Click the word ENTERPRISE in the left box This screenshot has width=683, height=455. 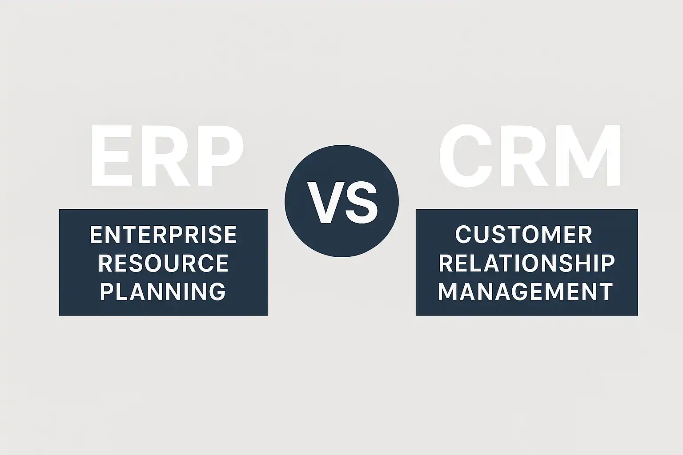click(x=164, y=235)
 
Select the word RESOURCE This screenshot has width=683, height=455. click(x=164, y=263)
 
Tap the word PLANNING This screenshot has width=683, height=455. click(x=163, y=291)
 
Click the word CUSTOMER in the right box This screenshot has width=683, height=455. click(x=524, y=235)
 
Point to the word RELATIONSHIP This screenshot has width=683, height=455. click(x=527, y=263)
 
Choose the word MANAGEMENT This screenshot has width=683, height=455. click(x=525, y=291)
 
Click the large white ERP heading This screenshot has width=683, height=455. click(x=167, y=156)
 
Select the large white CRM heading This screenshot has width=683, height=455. click(x=530, y=156)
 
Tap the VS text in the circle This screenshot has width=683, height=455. click(x=342, y=202)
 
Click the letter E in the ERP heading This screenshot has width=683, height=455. click(x=112, y=156)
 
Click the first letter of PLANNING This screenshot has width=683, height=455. click(x=106, y=291)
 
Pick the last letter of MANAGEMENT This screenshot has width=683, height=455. click(x=606, y=291)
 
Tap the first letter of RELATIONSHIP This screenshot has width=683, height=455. click(x=446, y=263)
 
